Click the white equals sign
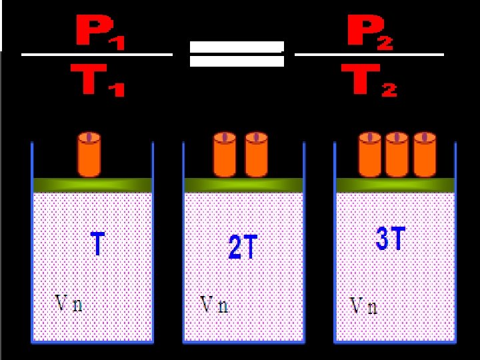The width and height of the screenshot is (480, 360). [237, 54]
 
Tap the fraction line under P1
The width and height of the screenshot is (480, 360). [97, 55]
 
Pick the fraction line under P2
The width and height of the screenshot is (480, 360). [369, 55]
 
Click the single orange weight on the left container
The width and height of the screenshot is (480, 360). [89, 155]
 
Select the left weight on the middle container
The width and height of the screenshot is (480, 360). [225, 155]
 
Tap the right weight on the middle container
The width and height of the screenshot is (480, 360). [256, 155]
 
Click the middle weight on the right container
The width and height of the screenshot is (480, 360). [397, 155]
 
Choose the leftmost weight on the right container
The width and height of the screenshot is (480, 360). [369, 155]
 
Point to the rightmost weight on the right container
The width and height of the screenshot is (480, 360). [424, 155]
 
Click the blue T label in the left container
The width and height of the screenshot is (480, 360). [97, 243]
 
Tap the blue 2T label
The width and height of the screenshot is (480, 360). [242, 248]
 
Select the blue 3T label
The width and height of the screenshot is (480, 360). [390, 239]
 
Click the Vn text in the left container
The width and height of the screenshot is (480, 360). [69, 304]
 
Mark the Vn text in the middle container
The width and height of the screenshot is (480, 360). [215, 305]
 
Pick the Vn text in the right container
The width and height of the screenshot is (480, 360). [363, 306]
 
